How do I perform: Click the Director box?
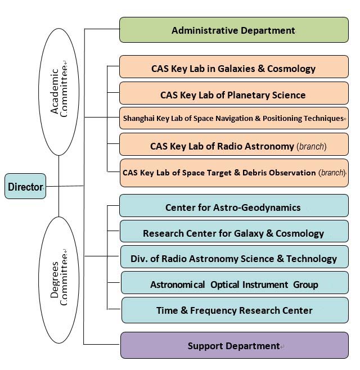(x=25, y=187)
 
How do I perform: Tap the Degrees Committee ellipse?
(x=58, y=279)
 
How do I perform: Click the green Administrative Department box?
(x=233, y=30)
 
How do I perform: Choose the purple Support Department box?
(x=233, y=345)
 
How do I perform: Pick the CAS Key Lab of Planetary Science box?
(x=233, y=94)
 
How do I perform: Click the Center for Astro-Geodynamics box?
(x=233, y=207)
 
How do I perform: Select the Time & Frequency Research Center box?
(x=235, y=310)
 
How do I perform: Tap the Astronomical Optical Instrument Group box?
(x=235, y=284)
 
